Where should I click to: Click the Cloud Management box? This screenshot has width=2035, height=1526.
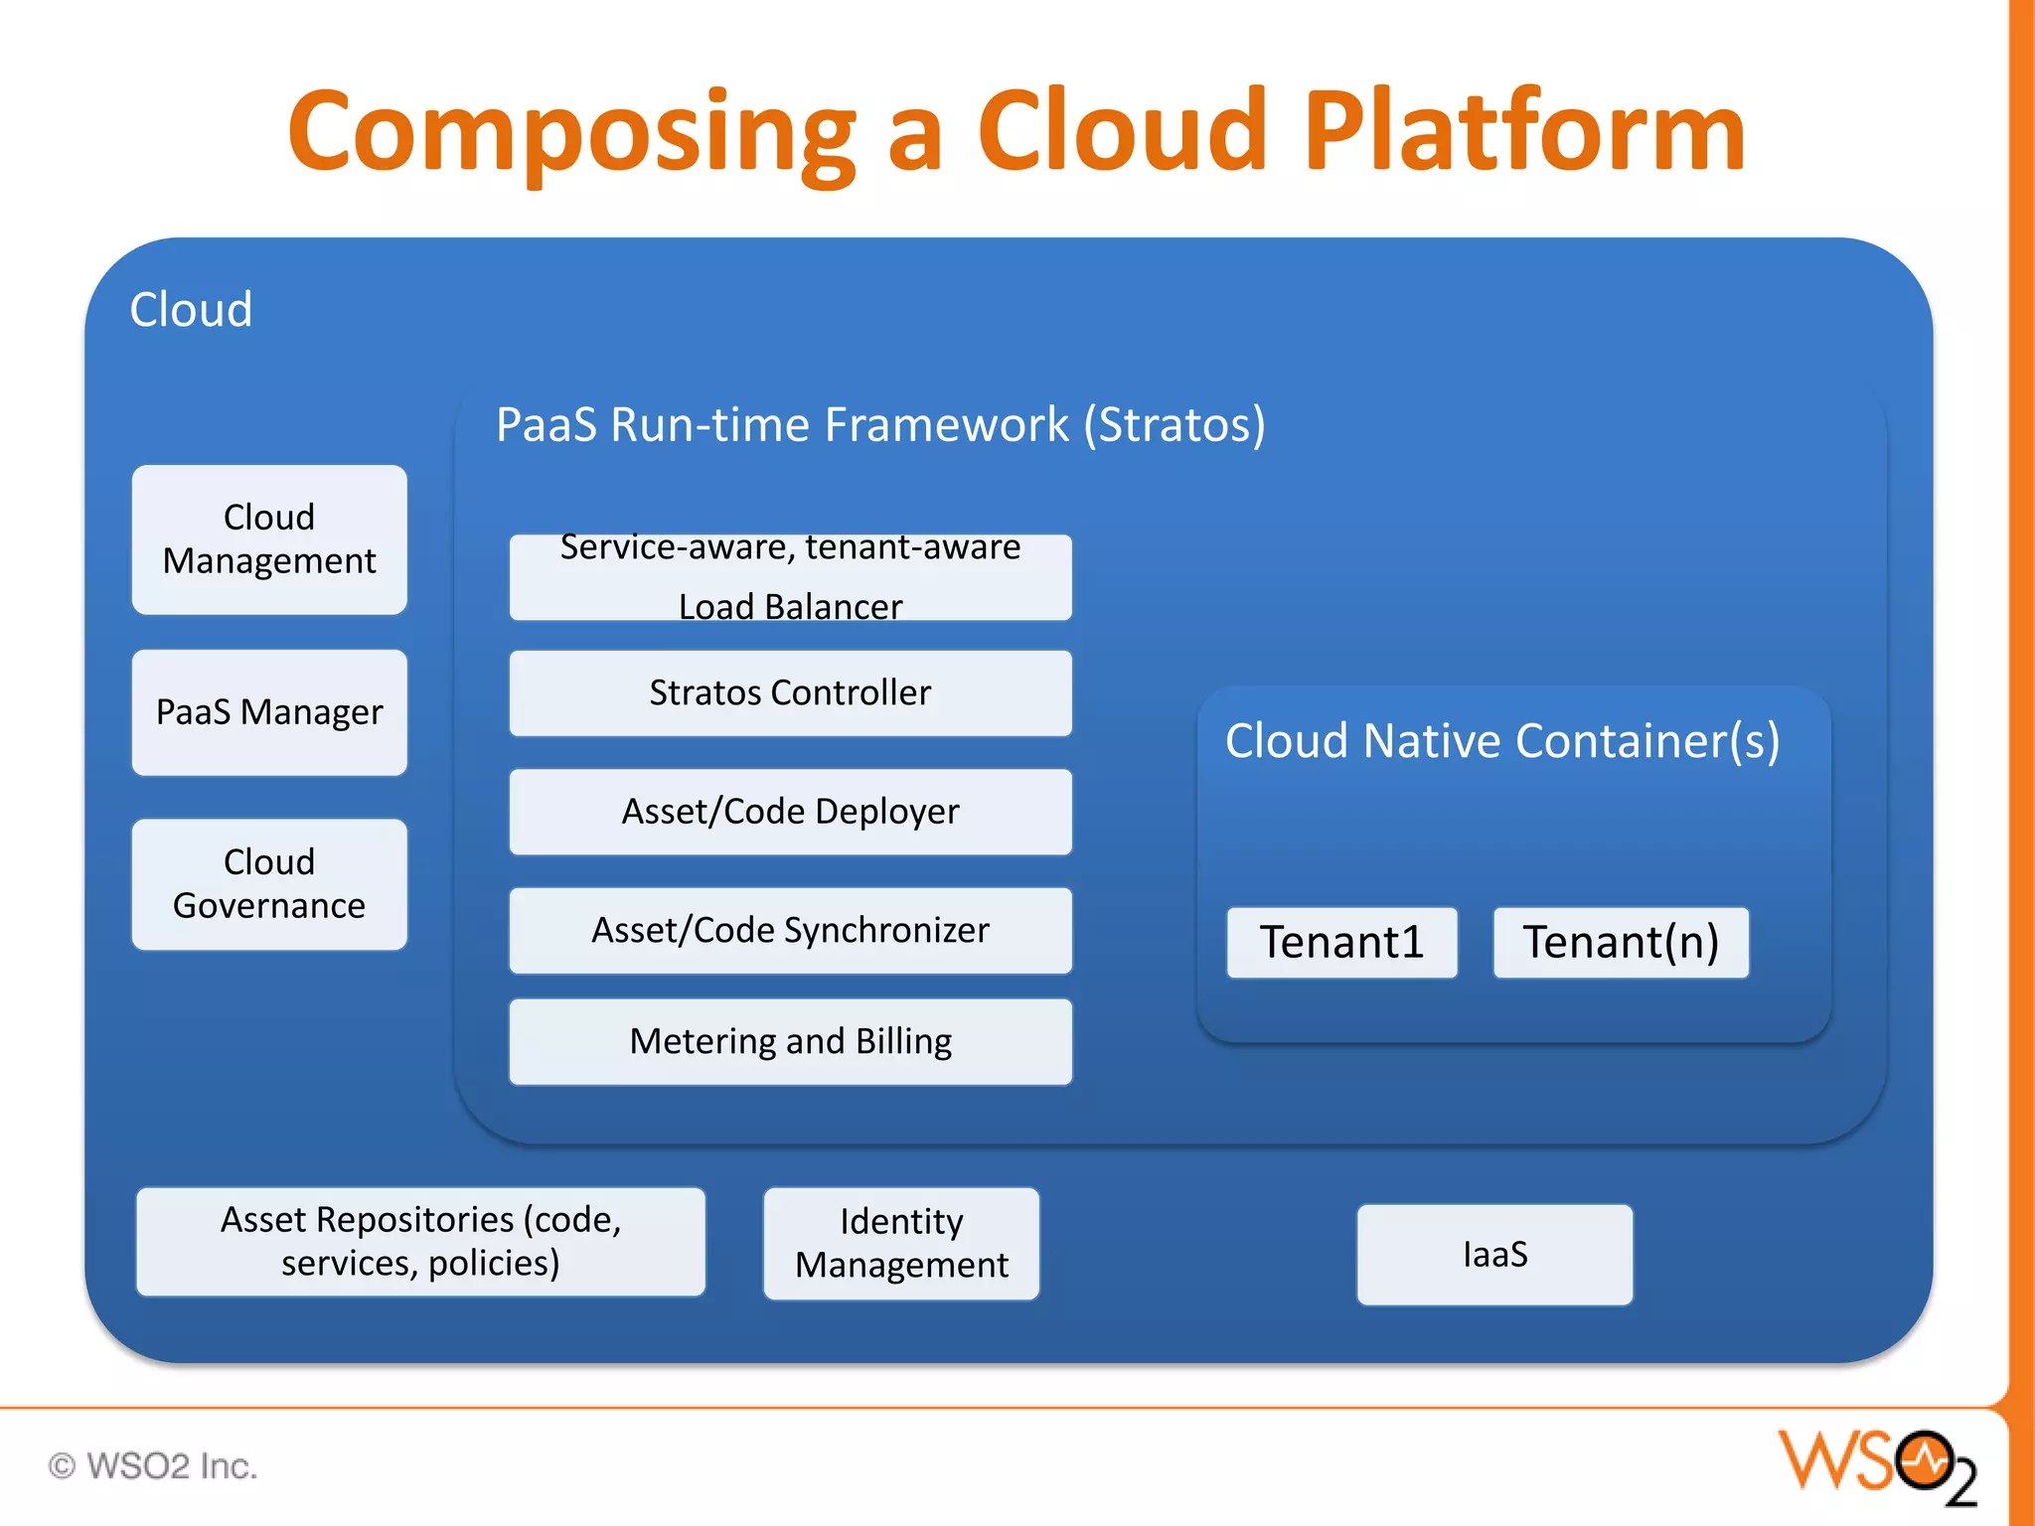click(x=269, y=539)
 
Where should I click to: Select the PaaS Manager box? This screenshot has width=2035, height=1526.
click(x=269, y=712)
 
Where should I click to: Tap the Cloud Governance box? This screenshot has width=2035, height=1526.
click(x=269, y=884)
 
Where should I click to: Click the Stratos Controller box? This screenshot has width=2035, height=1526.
click(x=790, y=693)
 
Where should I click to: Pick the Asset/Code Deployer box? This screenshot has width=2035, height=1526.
click(x=790, y=812)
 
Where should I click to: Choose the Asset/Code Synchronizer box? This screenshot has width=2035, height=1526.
click(x=790, y=930)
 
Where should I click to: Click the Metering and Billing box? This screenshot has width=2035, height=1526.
click(x=790, y=1041)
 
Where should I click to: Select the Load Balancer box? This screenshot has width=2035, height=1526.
click(x=790, y=578)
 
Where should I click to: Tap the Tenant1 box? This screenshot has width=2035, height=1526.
click(x=1341, y=942)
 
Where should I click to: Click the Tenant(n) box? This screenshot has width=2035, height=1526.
click(x=1621, y=942)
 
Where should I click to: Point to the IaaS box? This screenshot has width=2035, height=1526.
click(x=1494, y=1255)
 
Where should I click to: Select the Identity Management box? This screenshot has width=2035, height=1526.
click(x=901, y=1244)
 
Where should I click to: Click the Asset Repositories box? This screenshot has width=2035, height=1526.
click(x=420, y=1242)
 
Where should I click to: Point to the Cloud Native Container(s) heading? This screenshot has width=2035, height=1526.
click(x=1502, y=741)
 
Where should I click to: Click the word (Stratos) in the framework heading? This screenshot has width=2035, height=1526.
click(x=1174, y=425)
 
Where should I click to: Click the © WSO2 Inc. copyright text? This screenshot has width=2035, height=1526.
click(x=153, y=1466)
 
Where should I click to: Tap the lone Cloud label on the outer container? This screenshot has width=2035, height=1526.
click(x=191, y=310)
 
